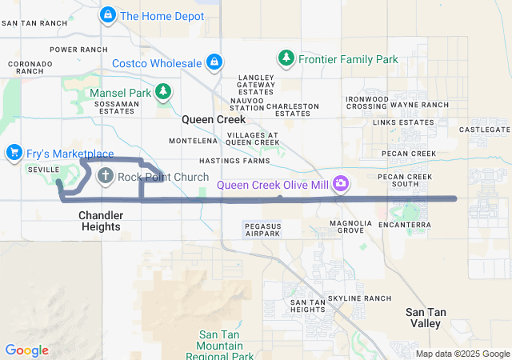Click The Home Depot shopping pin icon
coord(108,15)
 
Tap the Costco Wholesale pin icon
coord(214,62)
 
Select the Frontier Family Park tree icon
coord(286,58)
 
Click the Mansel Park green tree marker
coord(163,92)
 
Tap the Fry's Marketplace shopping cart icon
coord(13,152)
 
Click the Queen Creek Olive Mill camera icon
coord(342,184)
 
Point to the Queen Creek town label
coord(208,119)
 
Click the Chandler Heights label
coord(100,222)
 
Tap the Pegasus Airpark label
coord(262,231)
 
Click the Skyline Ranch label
coord(360,298)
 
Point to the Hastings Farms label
coord(234,161)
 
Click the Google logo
coord(26,350)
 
